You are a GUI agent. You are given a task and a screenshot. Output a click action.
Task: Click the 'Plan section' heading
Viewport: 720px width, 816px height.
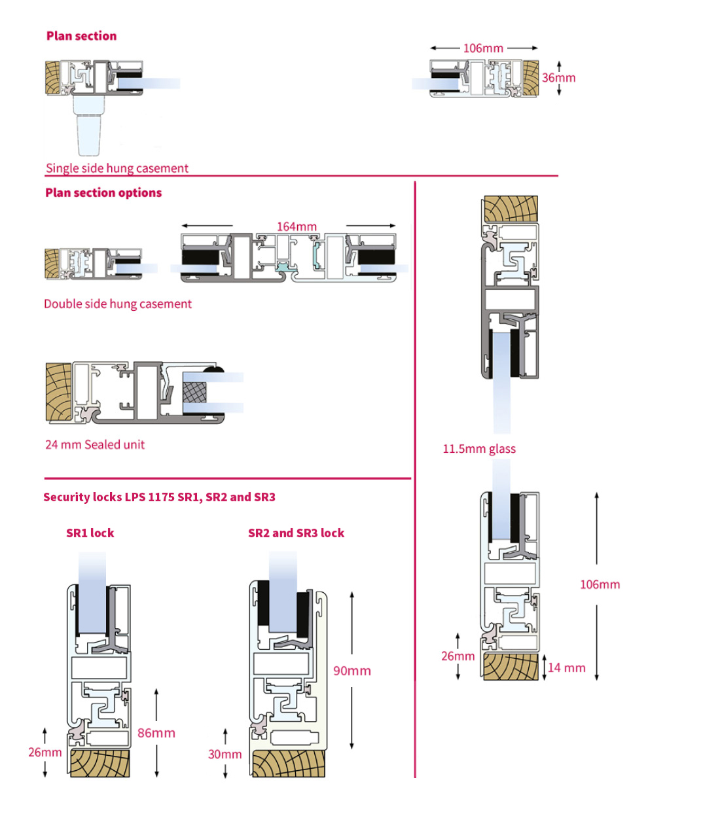(x=81, y=36)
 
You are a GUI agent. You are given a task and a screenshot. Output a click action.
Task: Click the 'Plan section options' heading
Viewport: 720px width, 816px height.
(x=103, y=192)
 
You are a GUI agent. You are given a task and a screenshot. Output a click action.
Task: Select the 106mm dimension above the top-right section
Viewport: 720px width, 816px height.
(x=483, y=48)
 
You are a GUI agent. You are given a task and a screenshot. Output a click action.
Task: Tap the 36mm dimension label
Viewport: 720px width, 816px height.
(x=558, y=77)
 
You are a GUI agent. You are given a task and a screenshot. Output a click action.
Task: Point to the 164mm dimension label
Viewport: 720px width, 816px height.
(x=297, y=226)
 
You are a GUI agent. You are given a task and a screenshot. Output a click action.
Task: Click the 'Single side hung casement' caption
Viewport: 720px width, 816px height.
(x=117, y=168)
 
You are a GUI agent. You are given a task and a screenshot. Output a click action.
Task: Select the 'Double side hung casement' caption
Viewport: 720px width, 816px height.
(x=118, y=304)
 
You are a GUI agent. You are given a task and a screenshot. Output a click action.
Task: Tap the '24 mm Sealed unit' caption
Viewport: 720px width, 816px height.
(x=95, y=444)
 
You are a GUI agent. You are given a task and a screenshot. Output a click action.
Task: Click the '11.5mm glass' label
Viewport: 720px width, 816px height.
(x=479, y=448)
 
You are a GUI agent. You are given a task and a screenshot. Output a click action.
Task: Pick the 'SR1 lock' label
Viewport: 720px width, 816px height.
(x=90, y=533)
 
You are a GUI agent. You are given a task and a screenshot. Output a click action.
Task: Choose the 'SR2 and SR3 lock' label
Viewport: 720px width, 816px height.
(x=296, y=533)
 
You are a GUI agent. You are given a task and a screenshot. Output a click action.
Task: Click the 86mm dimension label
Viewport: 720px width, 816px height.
(x=156, y=733)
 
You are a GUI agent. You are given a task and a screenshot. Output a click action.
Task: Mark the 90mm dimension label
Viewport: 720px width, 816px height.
(x=352, y=671)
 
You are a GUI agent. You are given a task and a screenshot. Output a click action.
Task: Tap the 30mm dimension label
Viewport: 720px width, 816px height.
(x=225, y=754)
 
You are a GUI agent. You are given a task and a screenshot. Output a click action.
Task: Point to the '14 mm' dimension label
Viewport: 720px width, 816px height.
(x=567, y=667)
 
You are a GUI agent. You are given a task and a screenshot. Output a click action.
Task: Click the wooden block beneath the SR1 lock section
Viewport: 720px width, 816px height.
(x=100, y=764)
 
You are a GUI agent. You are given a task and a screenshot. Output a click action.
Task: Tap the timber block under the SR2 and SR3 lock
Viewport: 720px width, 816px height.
(x=289, y=764)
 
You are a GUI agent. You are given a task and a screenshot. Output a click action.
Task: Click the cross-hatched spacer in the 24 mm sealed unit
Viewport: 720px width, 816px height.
(x=194, y=393)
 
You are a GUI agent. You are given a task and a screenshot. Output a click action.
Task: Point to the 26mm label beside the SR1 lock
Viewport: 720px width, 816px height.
(x=45, y=752)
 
